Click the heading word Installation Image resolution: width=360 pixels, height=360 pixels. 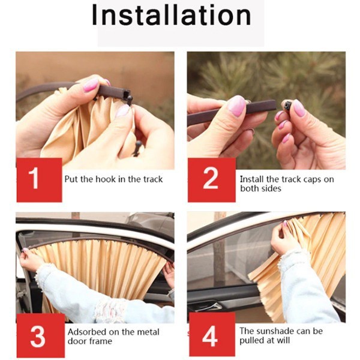tap(171, 14)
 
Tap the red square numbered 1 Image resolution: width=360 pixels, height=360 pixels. tap(39, 180)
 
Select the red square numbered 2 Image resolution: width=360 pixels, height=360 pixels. tap(211, 180)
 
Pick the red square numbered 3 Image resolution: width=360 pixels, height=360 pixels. tap(40, 336)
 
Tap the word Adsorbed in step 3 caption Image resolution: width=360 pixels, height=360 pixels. tap(87, 332)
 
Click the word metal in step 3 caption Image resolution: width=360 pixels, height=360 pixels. tap(148, 332)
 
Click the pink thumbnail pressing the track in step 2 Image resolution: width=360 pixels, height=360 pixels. tap(236, 106)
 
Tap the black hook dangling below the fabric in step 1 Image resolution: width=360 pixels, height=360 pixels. tap(137, 148)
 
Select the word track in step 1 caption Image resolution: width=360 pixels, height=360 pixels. tap(153, 179)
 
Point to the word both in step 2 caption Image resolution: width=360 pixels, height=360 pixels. tap(249, 188)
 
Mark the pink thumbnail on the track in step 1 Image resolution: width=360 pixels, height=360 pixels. tap(91, 85)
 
